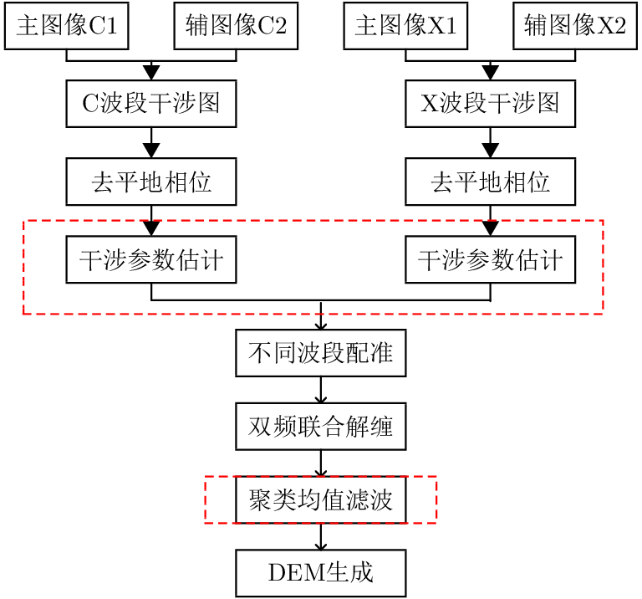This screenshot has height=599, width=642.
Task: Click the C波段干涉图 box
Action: pyautogui.click(x=151, y=104)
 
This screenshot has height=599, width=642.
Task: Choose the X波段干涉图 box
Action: pyautogui.click(x=490, y=104)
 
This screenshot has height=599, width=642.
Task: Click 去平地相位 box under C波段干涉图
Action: pyautogui.click(x=151, y=182)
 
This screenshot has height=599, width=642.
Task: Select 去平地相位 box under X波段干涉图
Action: pyautogui.click(x=490, y=182)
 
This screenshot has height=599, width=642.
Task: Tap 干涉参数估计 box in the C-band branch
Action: pyautogui.click(x=151, y=260)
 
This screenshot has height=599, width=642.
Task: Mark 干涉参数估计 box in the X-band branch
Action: pyautogui.click(x=490, y=260)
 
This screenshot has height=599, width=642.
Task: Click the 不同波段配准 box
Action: pyautogui.click(x=321, y=353)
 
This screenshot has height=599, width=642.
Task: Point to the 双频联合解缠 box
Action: pyautogui.click(x=321, y=427)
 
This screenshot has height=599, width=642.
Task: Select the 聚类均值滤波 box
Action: pyautogui.click(x=321, y=500)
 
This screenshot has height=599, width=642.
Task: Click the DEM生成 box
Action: pyautogui.click(x=321, y=573)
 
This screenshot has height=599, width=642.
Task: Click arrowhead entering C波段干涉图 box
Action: pyautogui.click(x=151, y=73)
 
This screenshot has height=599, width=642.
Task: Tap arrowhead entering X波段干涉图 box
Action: pyautogui.click(x=490, y=73)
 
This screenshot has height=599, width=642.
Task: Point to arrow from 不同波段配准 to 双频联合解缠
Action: pyautogui.click(x=321, y=390)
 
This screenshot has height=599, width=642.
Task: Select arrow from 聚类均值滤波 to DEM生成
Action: pyautogui.click(x=321, y=537)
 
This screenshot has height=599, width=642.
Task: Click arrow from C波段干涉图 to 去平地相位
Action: pyautogui.click(x=151, y=143)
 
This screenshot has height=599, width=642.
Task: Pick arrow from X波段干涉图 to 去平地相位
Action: pyautogui.click(x=490, y=143)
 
